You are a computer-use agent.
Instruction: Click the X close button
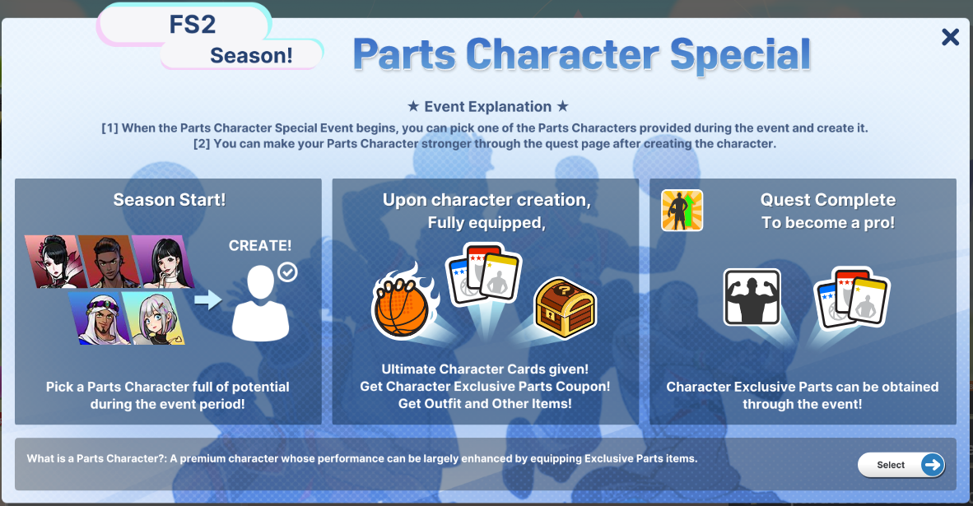click(x=950, y=37)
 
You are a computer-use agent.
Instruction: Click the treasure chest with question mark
click(x=565, y=307)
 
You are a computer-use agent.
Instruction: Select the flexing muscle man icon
click(x=752, y=297)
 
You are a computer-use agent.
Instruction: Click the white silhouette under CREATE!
click(x=261, y=304)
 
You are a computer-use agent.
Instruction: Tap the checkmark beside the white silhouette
click(x=287, y=272)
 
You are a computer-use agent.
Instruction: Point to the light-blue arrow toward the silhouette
click(x=208, y=299)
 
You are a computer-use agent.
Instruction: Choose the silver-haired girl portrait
click(x=153, y=318)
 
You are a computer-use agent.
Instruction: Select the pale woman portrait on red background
click(x=57, y=261)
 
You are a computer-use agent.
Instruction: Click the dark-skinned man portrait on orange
click(x=109, y=261)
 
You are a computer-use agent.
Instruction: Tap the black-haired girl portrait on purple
click(x=163, y=261)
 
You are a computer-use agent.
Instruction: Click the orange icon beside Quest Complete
click(x=682, y=210)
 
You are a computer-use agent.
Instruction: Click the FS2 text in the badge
click(x=193, y=25)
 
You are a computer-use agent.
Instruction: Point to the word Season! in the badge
click(x=251, y=55)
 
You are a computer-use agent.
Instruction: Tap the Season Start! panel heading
click(x=170, y=200)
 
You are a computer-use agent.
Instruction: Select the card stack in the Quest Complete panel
click(x=852, y=297)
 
